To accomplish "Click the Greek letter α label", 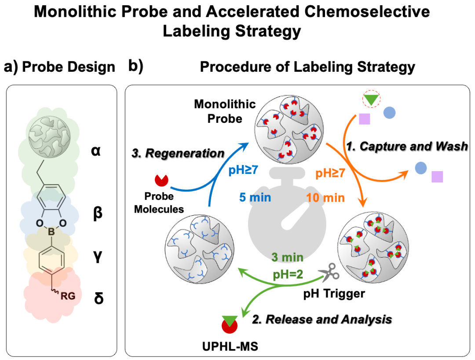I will click(x=97, y=152).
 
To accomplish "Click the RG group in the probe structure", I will click(x=67, y=296).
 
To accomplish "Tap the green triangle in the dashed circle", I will click(x=371, y=100).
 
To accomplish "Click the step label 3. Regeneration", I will click(x=178, y=154).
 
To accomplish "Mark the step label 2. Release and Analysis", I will click(x=322, y=319).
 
